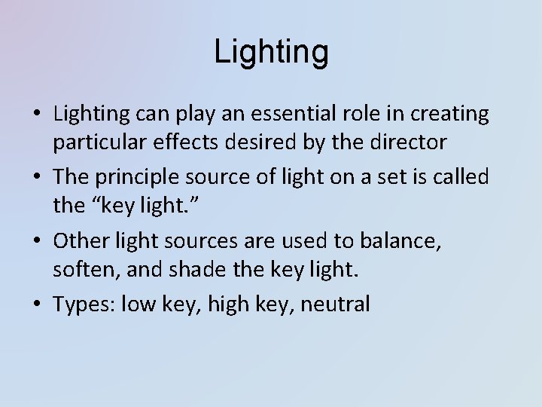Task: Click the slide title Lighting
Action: pos(271,51)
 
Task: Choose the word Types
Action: pos(82,304)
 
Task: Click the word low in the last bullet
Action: pos(138,304)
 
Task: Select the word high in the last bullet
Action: pos(222,304)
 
